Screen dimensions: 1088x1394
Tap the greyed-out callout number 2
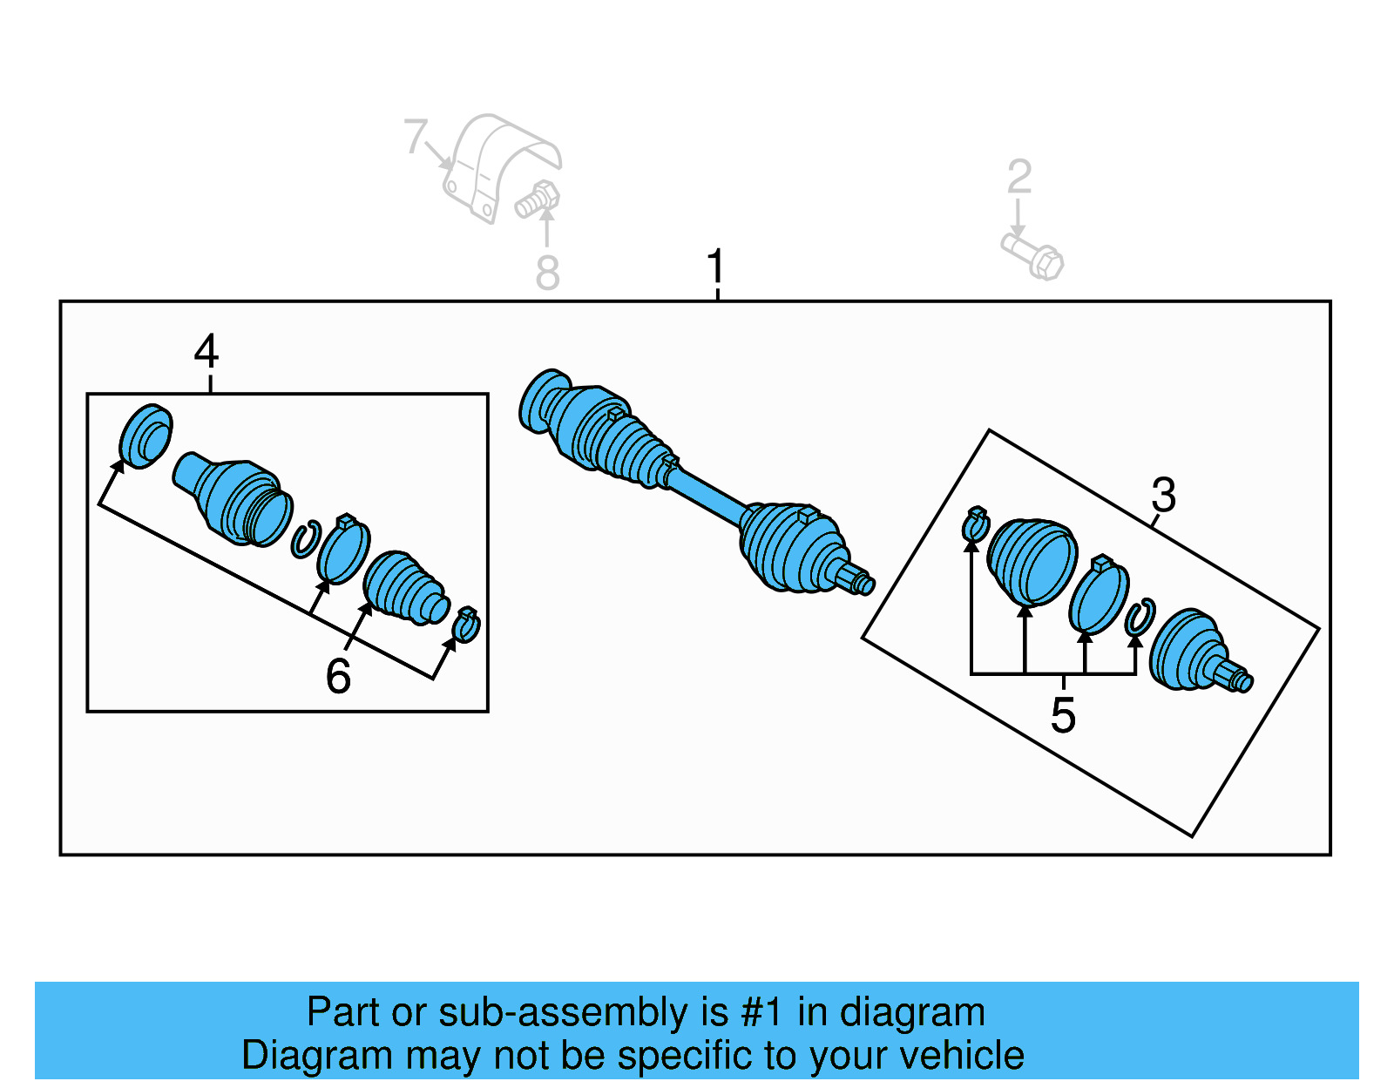[x=1018, y=177]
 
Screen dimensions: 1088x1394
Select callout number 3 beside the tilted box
[x=1163, y=496]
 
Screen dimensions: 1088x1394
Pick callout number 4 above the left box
[x=206, y=352]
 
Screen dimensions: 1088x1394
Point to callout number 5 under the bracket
[x=1063, y=715]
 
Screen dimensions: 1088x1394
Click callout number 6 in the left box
[x=338, y=676]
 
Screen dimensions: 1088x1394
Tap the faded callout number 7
[x=416, y=138]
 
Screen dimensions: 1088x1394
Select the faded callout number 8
[x=547, y=274]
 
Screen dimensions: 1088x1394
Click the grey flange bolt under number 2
[x=1034, y=255]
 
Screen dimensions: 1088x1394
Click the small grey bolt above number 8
[x=537, y=199]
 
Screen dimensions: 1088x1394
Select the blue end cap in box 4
[x=145, y=436]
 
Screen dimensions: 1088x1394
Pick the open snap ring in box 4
[x=305, y=539]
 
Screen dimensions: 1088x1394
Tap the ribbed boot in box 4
[x=403, y=588]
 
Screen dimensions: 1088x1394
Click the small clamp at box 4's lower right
[x=466, y=625]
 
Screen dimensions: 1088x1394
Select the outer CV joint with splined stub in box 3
[x=1194, y=652]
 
